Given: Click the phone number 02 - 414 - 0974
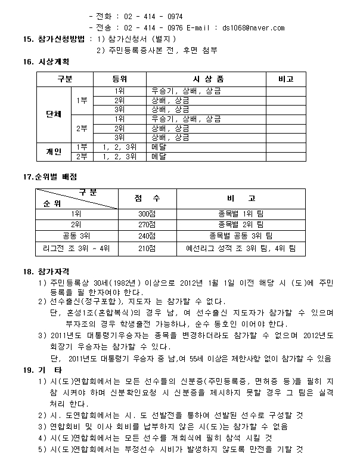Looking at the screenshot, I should coord(153,17).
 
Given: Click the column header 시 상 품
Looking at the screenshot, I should coord(208,79).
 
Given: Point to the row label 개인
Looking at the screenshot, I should coord(54,151).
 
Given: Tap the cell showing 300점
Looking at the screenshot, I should coord(147,214).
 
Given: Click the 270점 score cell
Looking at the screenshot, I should coord(147,225).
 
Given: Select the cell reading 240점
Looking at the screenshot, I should coord(147,236).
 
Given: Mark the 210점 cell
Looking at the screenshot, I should coord(147,247).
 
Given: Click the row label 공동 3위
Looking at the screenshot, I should coord(76,236).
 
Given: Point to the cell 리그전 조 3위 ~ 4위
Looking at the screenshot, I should coord(76,247).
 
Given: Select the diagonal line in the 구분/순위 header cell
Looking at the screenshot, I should coord(76,197).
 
